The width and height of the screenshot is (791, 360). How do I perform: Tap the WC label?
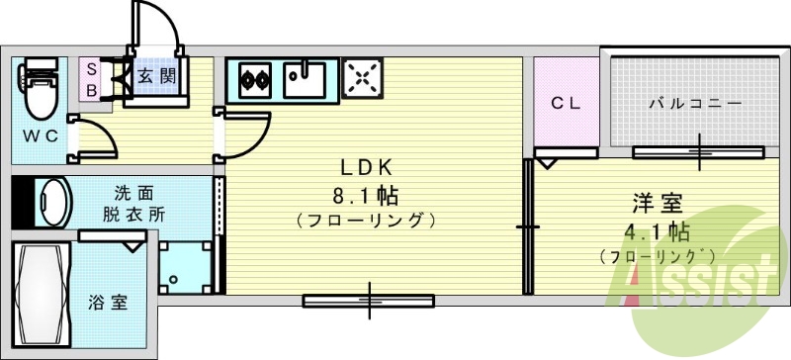pyautogui.click(x=39, y=135)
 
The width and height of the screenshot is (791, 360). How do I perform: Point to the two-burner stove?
pyautogui.click(x=255, y=77)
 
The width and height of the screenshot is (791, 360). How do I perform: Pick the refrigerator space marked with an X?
pyautogui.click(x=362, y=78)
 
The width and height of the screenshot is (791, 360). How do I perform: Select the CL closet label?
pyautogui.click(x=566, y=102)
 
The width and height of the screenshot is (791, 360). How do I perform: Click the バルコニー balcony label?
pyautogui.click(x=695, y=103)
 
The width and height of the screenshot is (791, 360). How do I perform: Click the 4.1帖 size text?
pyautogui.click(x=657, y=233)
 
